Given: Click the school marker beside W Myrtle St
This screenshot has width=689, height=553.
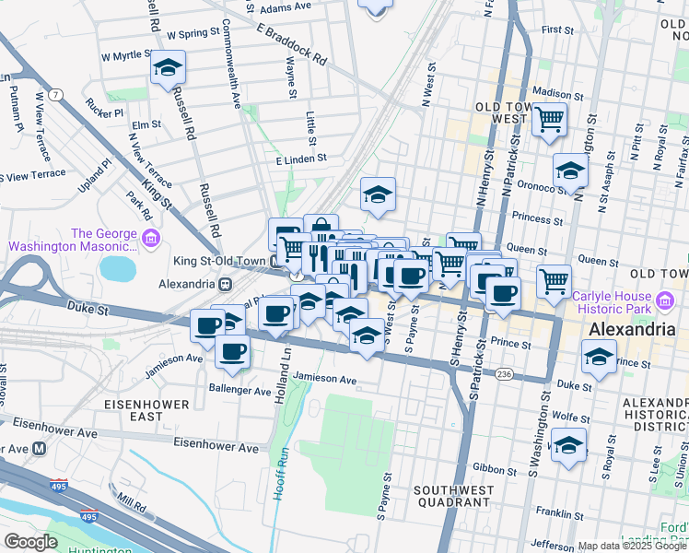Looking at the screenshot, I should point(169,67).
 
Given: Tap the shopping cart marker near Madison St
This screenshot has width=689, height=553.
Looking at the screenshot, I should point(550,118).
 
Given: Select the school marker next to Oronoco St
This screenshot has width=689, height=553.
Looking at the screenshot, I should point(570,171).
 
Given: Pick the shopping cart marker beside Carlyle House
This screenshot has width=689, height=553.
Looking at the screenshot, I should point(554,281).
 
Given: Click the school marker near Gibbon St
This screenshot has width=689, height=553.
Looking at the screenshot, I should point(568,447).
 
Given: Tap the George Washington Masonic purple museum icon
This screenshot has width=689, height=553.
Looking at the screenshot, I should point(151,240).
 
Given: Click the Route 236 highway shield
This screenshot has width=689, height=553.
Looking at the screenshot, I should point(504,374).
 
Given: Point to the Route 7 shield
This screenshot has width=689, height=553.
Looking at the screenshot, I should point(57,95).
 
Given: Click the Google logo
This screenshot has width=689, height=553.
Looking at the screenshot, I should point(32,542).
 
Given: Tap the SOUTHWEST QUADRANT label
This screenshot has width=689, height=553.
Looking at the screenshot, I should point(451,496).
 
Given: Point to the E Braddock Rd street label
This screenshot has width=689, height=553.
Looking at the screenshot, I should point(292,43).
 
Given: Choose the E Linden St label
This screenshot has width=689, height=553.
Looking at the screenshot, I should point(301,159).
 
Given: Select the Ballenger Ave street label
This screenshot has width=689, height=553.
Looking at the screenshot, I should point(240,389).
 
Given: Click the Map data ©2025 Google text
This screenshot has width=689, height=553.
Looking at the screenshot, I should point(632,546).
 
